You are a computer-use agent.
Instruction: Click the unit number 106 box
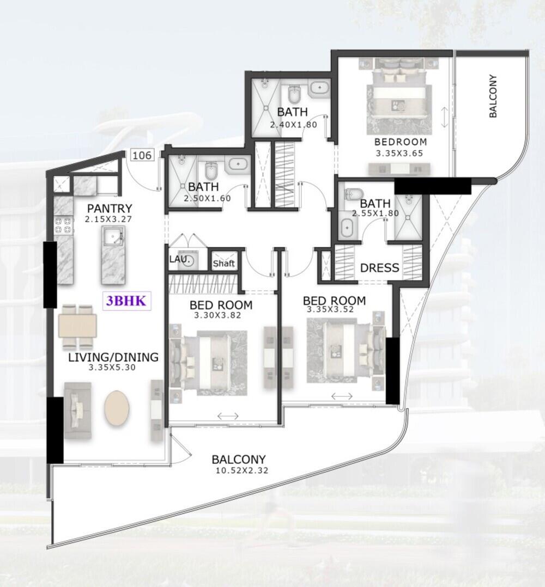pyautogui.click(x=142, y=155)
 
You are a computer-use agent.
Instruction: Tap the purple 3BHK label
pyautogui.click(x=126, y=301)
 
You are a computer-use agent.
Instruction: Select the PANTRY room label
pyautogui.click(x=110, y=208)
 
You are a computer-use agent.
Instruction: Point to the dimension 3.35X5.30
pyautogui.click(x=112, y=368)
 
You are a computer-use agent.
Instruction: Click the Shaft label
pyautogui.click(x=223, y=263)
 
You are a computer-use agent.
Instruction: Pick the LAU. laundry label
pyautogui.click(x=178, y=259)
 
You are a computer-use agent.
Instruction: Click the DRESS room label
pyautogui.click(x=379, y=268)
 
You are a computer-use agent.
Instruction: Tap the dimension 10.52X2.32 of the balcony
pyautogui.click(x=242, y=470)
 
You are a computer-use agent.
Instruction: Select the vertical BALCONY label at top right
pyautogui.click(x=493, y=96)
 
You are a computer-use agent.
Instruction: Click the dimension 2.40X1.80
pyautogui.click(x=294, y=125)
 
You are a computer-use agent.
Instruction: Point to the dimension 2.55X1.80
pyautogui.click(x=376, y=213)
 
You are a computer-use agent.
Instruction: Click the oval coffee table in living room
pyautogui.click(x=117, y=408)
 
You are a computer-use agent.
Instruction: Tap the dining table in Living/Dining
pyautogui.click(x=77, y=327)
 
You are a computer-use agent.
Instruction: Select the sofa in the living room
pyautogui.click(x=78, y=411)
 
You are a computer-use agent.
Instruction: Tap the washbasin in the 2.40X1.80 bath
pyautogui.click(x=319, y=88)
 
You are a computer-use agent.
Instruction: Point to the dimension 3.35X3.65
pyautogui.click(x=399, y=153)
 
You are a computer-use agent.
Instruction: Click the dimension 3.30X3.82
pyautogui.click(x=217, y=316)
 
